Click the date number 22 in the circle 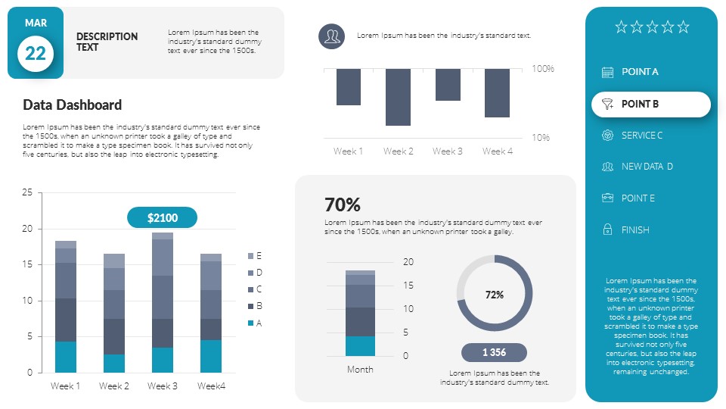(x=36, y=53)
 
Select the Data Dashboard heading (x=72, y=105)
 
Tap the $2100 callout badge (x=162, y=218)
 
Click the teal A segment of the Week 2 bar (x=114, y=364)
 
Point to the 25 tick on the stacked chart (x=27, y=192)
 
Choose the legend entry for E (x=255, y=256)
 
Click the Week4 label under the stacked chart (x=211, y=386)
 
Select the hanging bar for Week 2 (x=399, y=97)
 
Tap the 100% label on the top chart (x=543, y=69)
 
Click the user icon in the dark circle (x=331, y=36)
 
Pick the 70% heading (x=342, y=204)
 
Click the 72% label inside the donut (x=495, y=295)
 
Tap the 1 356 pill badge (x=494, y=352)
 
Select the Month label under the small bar (x=360, y=370)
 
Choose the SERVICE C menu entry (x=641, y=136)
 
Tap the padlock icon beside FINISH (x=607, y=229)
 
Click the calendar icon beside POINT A (x=607, y=72)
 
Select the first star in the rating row (x=621, y=27)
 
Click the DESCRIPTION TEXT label (x=107, y=42)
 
